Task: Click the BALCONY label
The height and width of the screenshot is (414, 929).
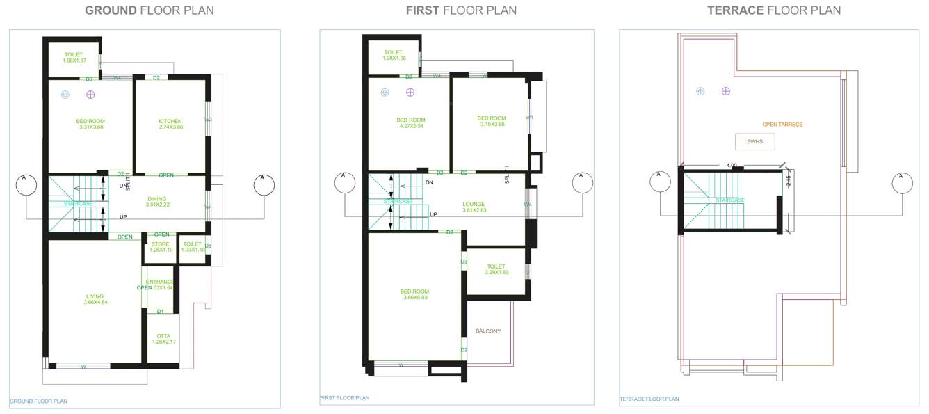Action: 488,331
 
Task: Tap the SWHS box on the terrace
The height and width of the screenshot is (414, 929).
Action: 754,141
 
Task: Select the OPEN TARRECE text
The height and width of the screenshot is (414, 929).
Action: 782,125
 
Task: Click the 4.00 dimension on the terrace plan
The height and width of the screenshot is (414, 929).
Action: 732,166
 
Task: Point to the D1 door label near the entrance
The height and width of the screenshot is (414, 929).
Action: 161,311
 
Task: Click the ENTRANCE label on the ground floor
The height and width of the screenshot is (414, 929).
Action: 160,282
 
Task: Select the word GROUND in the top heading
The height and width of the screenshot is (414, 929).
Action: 111,10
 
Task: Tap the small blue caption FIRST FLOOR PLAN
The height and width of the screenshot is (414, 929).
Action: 345,398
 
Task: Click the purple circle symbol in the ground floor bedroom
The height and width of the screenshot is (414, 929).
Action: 90,95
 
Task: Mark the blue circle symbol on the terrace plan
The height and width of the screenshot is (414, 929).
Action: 700,91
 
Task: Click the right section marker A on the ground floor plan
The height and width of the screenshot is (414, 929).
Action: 264,184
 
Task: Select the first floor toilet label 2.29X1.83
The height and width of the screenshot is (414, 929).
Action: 496,269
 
